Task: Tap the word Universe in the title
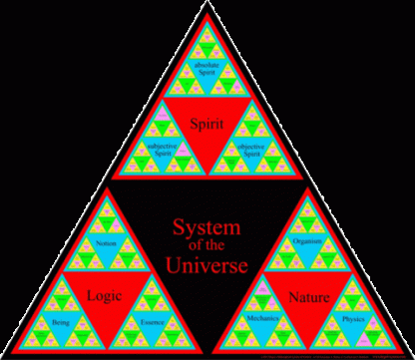pyautogui.click(x=207, y=266)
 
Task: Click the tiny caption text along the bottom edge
pyautogui.click(x=329, y=355)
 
